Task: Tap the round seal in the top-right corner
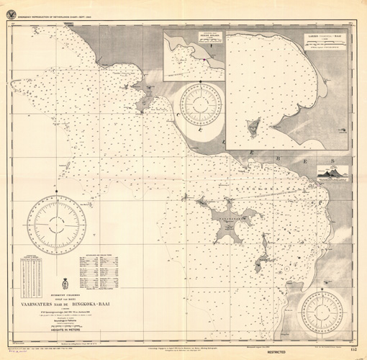tap(361, 6)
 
